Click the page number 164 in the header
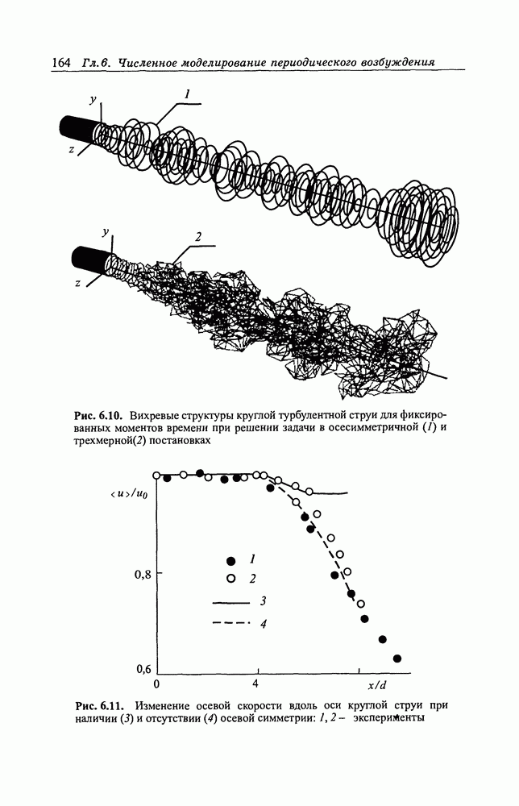tap(61, 63)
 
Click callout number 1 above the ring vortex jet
tap(188, 94)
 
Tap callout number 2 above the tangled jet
tap(197, 237)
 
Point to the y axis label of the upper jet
tap(93, 101)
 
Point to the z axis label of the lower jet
tap(77, 283)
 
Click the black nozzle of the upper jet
tap(77, 127)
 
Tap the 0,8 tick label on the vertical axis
tap(143, 575)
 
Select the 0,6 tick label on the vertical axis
tap(143, 670)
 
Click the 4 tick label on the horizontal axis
tap(255, 684)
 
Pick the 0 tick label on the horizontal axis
tap(156, 684)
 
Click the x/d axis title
tap(376, 685)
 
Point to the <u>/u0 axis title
tap(128, 495)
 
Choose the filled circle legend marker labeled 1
tap(230, 560)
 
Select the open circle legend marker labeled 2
tap(230, 579)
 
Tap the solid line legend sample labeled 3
tap(231, 602)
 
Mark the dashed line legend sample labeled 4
tap(231, 624)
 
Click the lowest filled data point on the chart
tap(397, 659)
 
